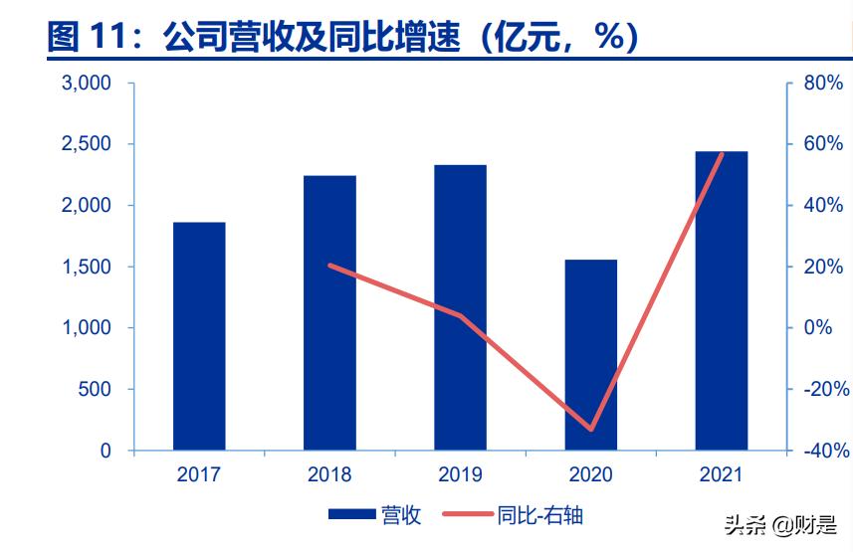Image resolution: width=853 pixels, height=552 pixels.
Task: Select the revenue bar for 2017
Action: pyautogui.click(x=199, y=336)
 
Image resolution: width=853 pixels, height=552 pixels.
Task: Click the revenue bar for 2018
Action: pyautogui.click(x=329, y=313)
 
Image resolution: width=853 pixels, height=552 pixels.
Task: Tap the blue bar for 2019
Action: pyautogui.click(x=460, y=307)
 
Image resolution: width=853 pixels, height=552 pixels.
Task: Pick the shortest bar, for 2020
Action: pyautogui.click(x=590, y=355)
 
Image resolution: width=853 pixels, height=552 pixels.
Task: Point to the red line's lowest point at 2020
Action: pyautogui.click(x=591, y=430)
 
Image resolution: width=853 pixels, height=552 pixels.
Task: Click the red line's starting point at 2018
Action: pyautogui.click(x=329, y=266)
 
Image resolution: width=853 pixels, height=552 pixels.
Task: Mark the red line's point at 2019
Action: pyautogui.click(x=460, y=315)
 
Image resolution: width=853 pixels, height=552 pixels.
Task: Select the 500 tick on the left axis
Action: pyautogui.click(x=96, y=390)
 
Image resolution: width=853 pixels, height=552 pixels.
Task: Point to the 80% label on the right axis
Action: pyautogui.click(x=823, y=84)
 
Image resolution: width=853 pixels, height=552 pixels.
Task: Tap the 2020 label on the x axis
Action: pyautogui.click(x=590, y=475)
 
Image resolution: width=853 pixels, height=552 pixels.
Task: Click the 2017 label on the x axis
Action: pyautogui.click(x=199, y=475)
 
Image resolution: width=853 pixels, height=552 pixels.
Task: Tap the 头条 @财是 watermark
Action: pyautogui.click(x=780, y=525)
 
